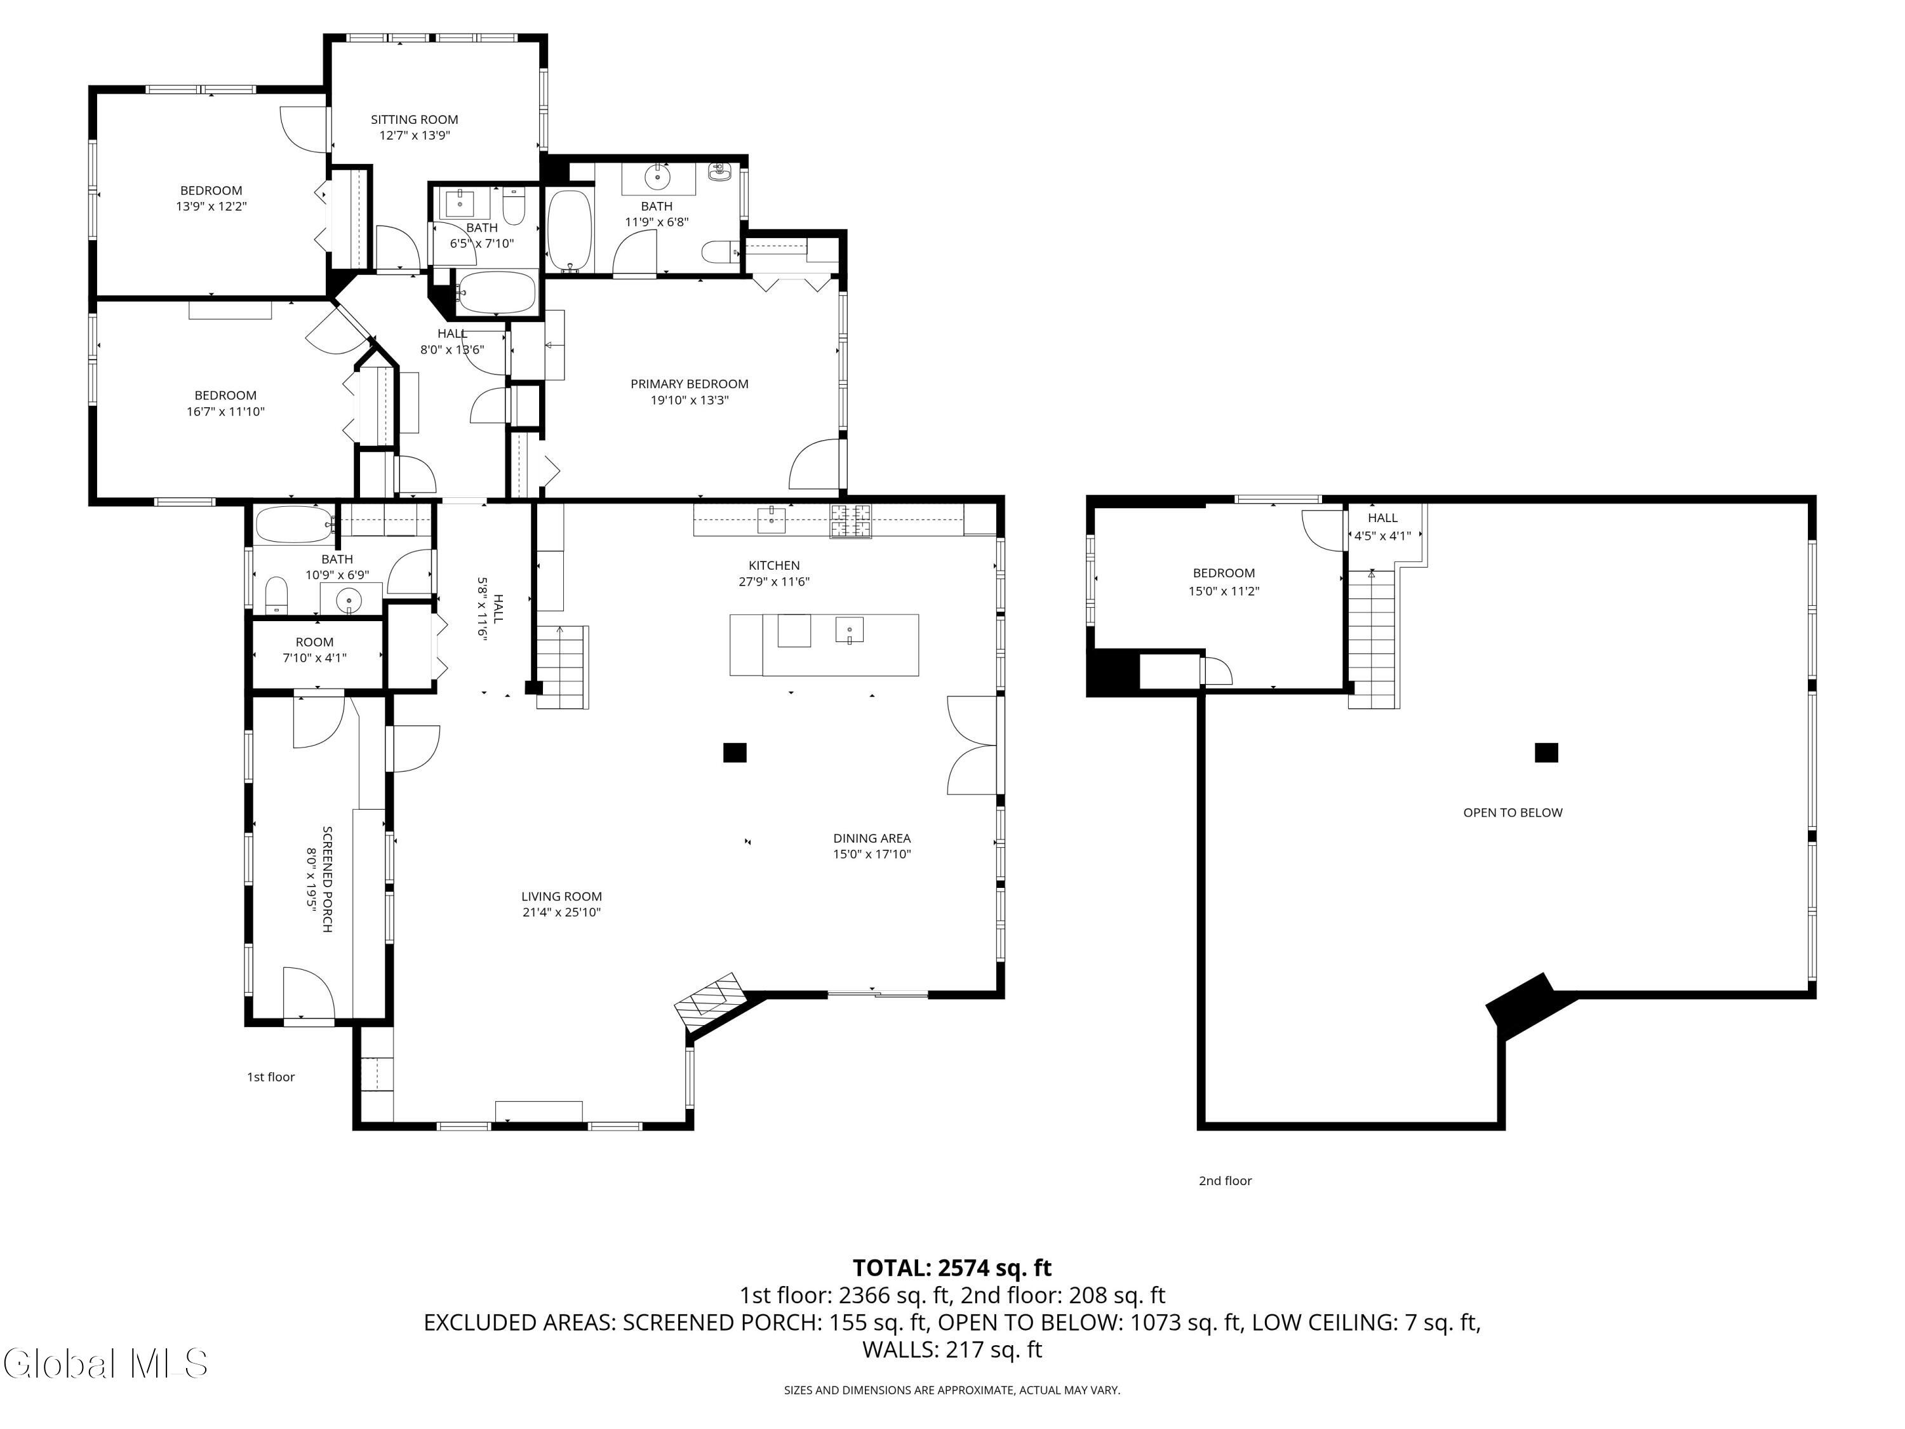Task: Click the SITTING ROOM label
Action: pos(414,120)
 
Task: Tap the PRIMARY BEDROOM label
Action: pos(689,384)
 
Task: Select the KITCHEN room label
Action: pos(773,566)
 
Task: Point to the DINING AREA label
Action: pos(872,838)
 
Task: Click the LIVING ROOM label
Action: pos(561,897)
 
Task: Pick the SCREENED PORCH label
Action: pos(327,880)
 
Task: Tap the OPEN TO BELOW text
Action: pos(1513,812)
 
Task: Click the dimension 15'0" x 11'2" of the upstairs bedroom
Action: pos(1223,591)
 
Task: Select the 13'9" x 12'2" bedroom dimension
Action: pos(211,206)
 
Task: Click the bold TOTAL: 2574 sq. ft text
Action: pos(952,1268)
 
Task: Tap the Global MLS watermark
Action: pos(105,1364)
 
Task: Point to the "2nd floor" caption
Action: pos(1225,1181)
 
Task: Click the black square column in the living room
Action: pos(734,753)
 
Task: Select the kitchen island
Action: pos(824,645)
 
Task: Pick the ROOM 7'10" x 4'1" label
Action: pos(314,650)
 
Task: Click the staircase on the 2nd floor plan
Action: pos(1372,638)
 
